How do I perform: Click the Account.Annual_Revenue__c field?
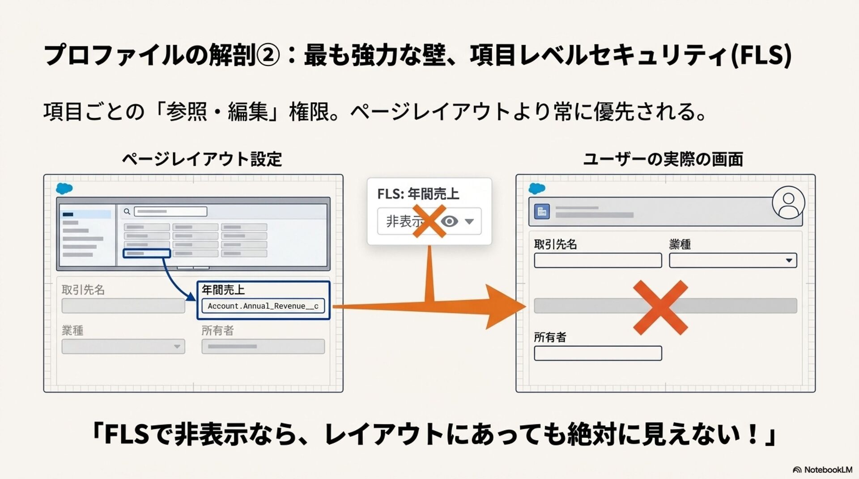coord(263,306)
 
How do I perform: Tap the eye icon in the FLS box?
coord(450,221)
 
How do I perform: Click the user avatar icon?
coord(788,203)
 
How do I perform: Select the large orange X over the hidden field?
coord(660,307)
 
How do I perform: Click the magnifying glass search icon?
coord(127,211)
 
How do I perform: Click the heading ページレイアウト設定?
coord(202,159)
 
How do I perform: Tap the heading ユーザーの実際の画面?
coord(663,159)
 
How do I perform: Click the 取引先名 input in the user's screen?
coord(598,261)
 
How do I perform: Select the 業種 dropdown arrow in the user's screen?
coord(789,261)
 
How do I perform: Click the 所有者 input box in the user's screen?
coord(598,353)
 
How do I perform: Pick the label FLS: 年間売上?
coord(418,194)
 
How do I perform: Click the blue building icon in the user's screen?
coord(542,211)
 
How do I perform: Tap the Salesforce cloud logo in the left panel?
coord(64,189)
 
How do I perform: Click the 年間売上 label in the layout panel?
coord(223,290)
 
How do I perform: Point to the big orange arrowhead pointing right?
coord(506,307)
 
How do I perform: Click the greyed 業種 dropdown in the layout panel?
coord(123,346)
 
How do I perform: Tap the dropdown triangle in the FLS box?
coord(469,221)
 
